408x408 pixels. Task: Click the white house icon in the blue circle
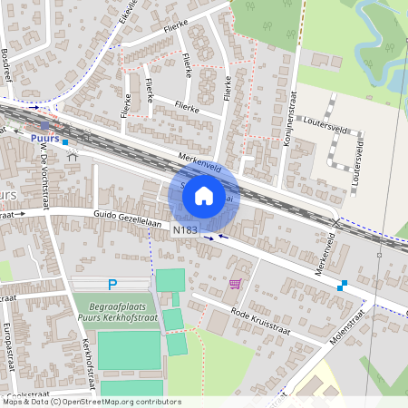[204, 195]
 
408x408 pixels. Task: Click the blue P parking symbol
[112, 284]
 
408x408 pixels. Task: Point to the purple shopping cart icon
[236, 284]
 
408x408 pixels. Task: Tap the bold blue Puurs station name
[44, 138]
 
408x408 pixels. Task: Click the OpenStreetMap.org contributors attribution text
[117, 402]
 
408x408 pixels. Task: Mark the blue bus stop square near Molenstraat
[342, 286]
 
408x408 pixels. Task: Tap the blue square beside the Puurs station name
[65, 142]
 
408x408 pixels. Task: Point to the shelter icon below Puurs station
[73, 156]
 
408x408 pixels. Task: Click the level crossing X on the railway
[336, 221]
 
